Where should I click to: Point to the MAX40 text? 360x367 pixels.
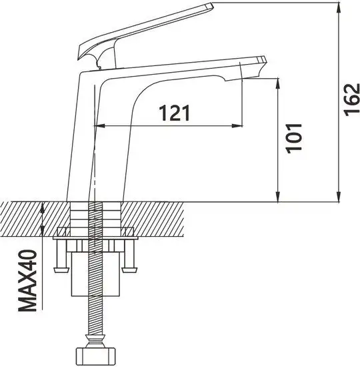click(x=26, y=282)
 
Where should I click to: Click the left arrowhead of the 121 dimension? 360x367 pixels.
click(x=100, y=125)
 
